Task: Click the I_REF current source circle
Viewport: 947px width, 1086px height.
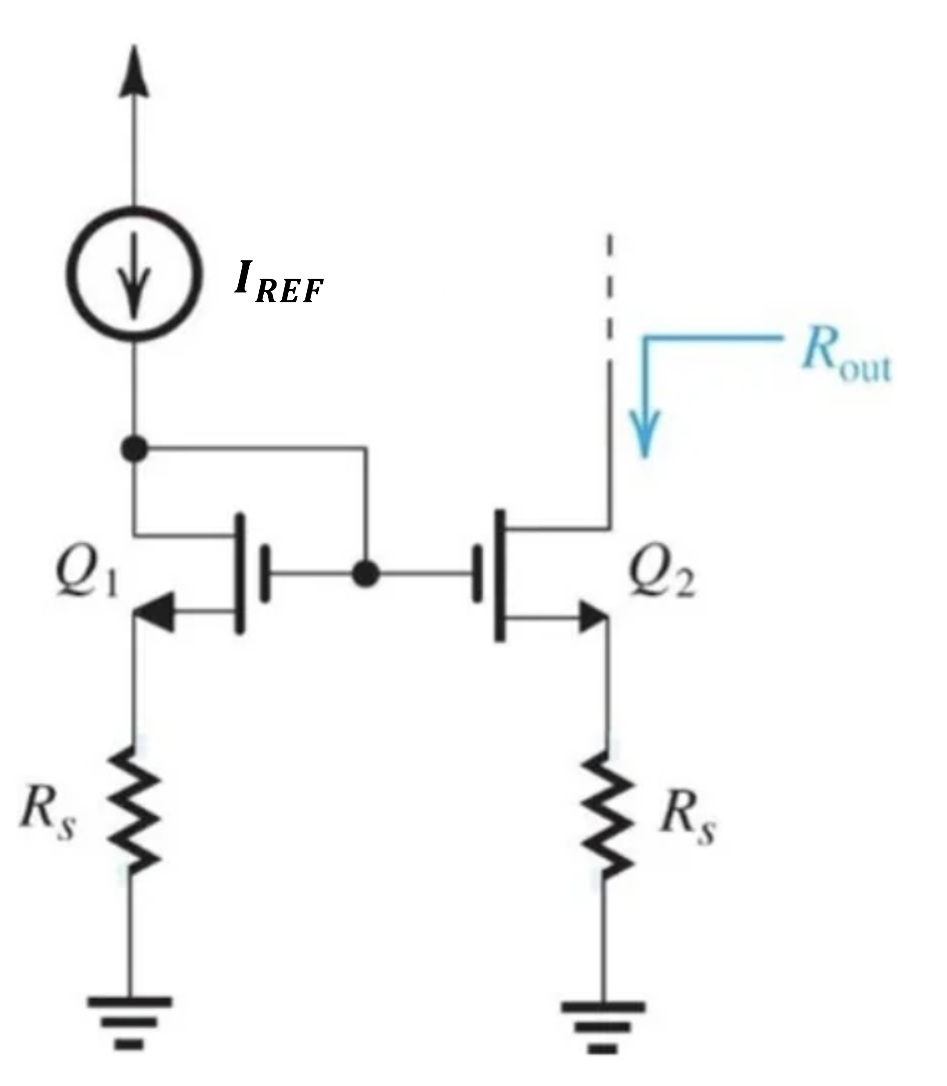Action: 134,274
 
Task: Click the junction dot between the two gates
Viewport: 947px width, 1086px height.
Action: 366,573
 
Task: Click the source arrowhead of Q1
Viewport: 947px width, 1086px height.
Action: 155,612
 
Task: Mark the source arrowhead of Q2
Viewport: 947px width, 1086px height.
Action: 592,616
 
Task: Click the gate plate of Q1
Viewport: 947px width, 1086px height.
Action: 265,574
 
